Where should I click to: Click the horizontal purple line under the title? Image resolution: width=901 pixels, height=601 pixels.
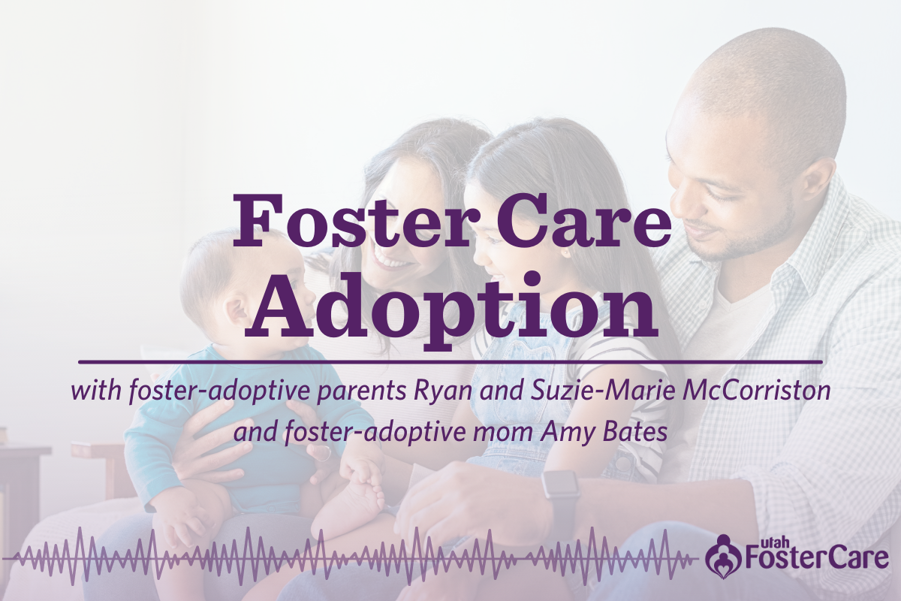pyautogui.click(x=450, y=362)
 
